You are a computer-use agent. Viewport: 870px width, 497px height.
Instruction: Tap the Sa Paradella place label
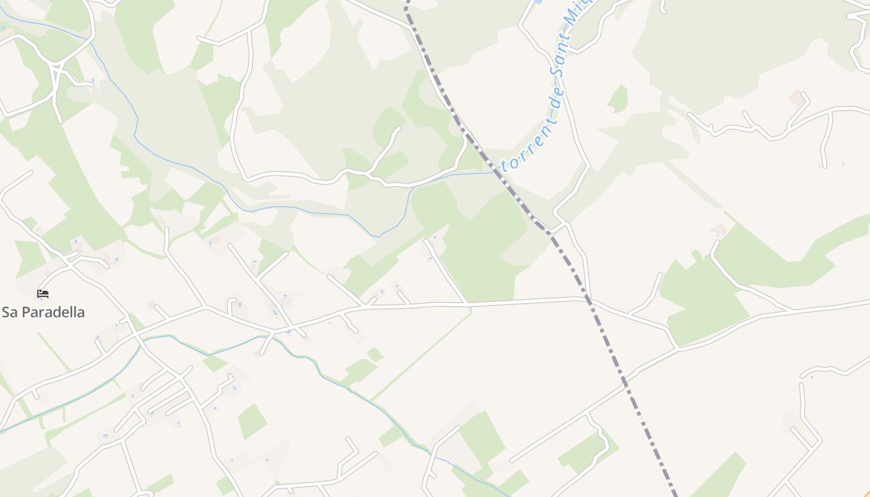(43, 312)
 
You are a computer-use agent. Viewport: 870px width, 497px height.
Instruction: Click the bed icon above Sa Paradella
(43, 293)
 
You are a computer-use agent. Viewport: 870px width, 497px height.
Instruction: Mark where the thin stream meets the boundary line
(497, 172)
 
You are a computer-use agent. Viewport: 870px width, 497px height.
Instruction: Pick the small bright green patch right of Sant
(618, 98)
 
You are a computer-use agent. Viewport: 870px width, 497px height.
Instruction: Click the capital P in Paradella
(25, 312)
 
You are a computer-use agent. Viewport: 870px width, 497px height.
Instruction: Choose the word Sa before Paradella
(10, 312)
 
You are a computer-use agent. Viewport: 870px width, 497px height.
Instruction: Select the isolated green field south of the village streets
(252, 421)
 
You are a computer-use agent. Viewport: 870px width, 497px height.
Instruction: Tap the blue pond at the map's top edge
(538, 2)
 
